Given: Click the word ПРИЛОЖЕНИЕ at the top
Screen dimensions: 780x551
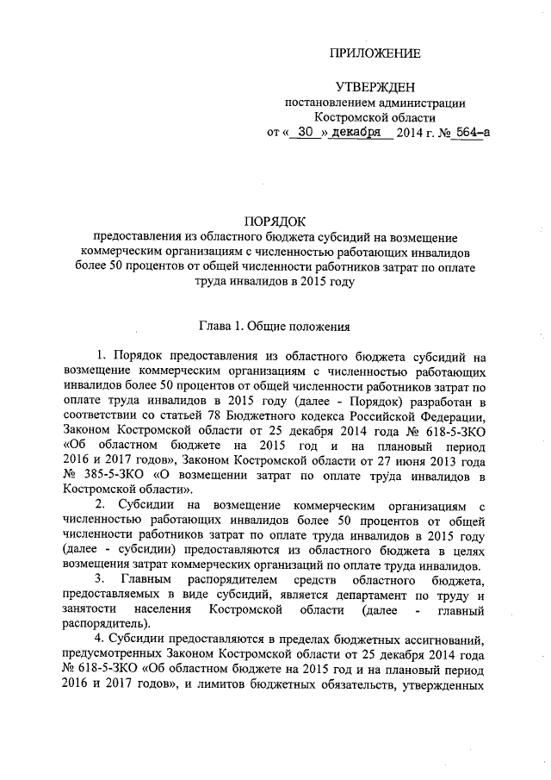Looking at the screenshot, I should tap(376, 54).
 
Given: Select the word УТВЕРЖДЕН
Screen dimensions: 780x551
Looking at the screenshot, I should tap(375, 88).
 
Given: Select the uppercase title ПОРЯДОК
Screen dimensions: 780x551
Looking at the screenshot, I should tap(275, 221).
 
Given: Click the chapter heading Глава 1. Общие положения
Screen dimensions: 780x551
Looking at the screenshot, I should tap(274, 327).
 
